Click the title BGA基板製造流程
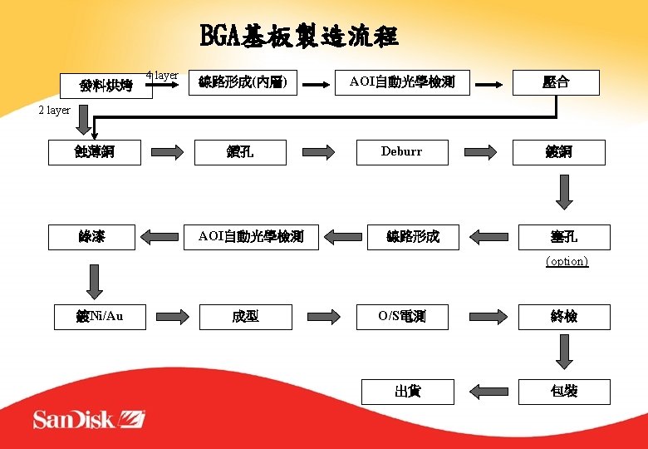coord(299,37)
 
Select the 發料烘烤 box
coord(106,85)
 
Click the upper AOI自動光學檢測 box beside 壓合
coord(402,81)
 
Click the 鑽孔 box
coord(240,151)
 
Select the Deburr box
coord(401,151)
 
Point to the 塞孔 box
coord(564,237)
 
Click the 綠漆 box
coord(91,237)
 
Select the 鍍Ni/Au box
coord(100,316)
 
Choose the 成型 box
coord(246,316)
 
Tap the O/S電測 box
coord(401,316)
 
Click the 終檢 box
coord(564,316)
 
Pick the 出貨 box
coord(407,391)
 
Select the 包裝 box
coord(564,391)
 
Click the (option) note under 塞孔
coord(567,261)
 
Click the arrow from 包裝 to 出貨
coord(488,391)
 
